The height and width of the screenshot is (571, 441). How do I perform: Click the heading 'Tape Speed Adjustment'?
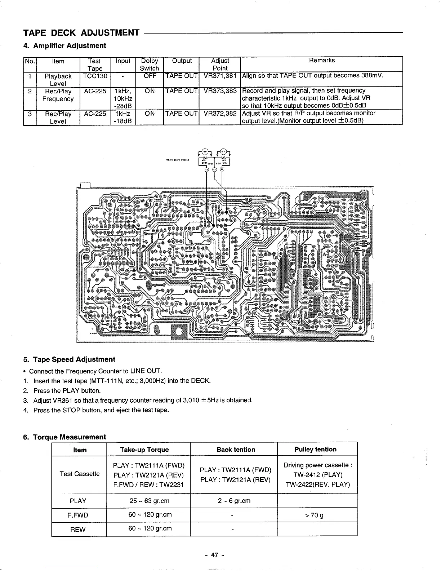[74, 359]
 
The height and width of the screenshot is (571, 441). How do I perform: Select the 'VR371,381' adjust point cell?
[220, 76]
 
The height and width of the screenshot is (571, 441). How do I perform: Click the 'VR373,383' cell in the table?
[220, 91]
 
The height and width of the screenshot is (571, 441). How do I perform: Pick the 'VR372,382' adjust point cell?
[220, 113]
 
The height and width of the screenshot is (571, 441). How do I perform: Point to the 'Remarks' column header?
[322, 61]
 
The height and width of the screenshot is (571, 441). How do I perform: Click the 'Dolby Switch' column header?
[149, 64]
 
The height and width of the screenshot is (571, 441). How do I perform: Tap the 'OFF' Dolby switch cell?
[149, 76]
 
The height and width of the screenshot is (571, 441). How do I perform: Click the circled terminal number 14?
[207, 170]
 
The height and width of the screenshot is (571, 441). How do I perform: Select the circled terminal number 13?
[214, 170]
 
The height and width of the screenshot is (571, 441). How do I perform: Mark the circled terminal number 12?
[222, 170]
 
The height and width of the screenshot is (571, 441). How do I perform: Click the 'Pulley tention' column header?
[315, 450]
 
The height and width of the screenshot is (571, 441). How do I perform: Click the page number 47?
[215, 555]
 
